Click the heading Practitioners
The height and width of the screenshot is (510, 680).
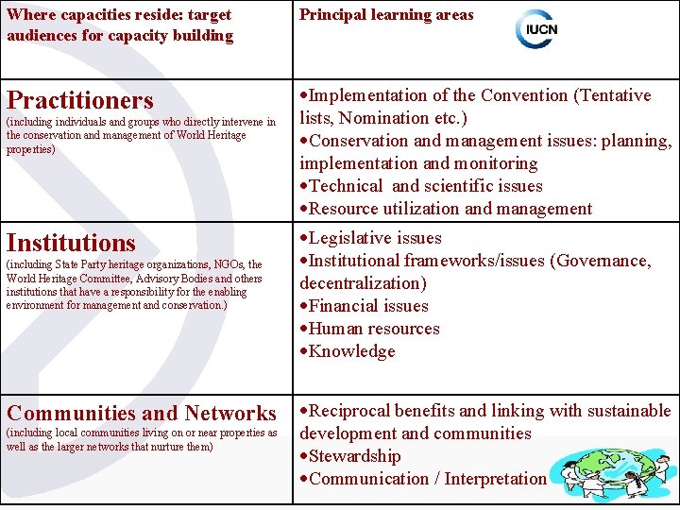tap(79, 100)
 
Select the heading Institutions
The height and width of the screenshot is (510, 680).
tap(71, 243)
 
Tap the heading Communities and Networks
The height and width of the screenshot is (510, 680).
tap(142, 413)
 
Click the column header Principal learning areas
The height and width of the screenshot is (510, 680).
tap(386, 15)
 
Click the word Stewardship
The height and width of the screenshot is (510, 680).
tap(354, 456)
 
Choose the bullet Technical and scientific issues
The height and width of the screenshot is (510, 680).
tap(426, 186)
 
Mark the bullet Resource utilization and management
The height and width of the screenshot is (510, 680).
tap(450, 209)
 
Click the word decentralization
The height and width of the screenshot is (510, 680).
tap(360, 283)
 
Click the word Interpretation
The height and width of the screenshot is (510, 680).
tap(495, 479)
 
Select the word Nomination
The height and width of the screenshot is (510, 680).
tap(386, 118)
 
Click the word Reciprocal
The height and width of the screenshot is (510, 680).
tap(351, 411)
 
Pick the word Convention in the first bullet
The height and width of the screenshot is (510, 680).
tap(524, 95)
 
